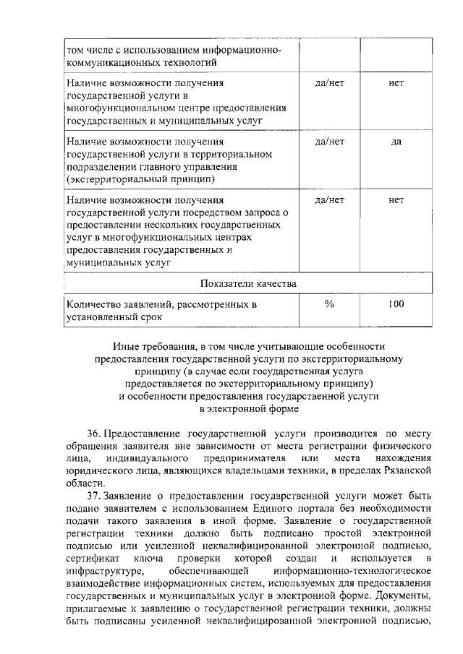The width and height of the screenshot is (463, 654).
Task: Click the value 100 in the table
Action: click(x=396, y=304)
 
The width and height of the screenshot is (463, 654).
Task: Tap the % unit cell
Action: click(x=330, y=304)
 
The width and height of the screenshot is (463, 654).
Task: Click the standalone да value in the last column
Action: click(x=396, y=142)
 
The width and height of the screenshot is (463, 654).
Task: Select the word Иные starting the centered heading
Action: click(x=124, y=347)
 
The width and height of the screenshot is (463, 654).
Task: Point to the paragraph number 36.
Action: click(x=94, y=434)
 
